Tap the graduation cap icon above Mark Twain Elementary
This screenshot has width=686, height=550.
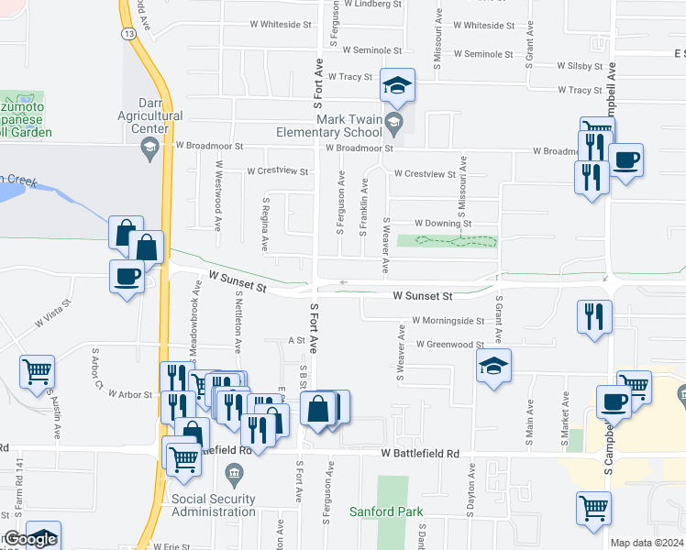tap(397, 86)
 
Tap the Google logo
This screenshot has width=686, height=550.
tap(29, 539)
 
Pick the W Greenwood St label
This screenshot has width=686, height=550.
tap(449, 345)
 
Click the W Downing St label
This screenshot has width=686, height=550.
tap(443, 223)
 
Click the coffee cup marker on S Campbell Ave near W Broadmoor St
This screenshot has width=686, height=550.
tap(626, 159)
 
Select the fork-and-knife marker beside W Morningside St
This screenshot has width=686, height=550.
tap(593, 316)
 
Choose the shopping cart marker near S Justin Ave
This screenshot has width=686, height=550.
tap(38, 372)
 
